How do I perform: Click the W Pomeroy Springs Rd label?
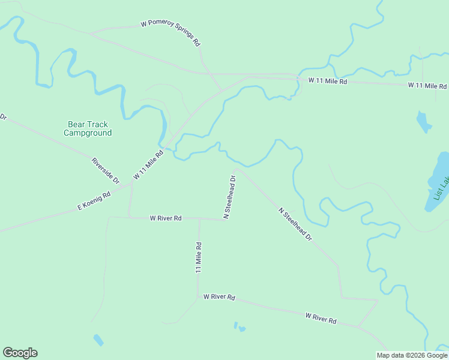click(170, 34)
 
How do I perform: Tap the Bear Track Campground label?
click(88, 129)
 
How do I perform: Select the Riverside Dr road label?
click(105, 170)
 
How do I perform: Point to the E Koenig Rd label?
click(94, 201)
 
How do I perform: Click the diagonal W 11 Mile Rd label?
click(148, 165)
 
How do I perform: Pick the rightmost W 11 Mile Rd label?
click(427, 86)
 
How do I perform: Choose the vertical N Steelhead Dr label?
click(229, 196)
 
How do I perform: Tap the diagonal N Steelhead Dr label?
click(295, 224)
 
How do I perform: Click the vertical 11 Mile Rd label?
click(198, 257)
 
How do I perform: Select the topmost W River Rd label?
click(166, 218)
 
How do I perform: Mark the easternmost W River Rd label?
click(321, 319)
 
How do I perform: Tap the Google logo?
click(20, 353)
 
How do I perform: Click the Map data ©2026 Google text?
click(411, 355)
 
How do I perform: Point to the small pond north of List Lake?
click(424, 122)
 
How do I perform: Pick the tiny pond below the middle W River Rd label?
click(240, 327)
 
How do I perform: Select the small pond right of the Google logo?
click(98, 340)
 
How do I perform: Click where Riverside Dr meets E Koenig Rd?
click(131, 184)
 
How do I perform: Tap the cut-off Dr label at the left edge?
click(2, 116)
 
